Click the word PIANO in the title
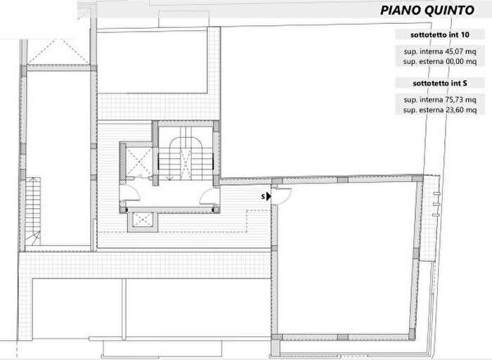pyautogui.click(x=400, y=11)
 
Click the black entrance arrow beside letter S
pyautogui.click(x=269, y=197)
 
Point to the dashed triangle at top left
pyautogui.click(x=55, y=51)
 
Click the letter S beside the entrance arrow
pyautogui.click(x=263, y=197)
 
